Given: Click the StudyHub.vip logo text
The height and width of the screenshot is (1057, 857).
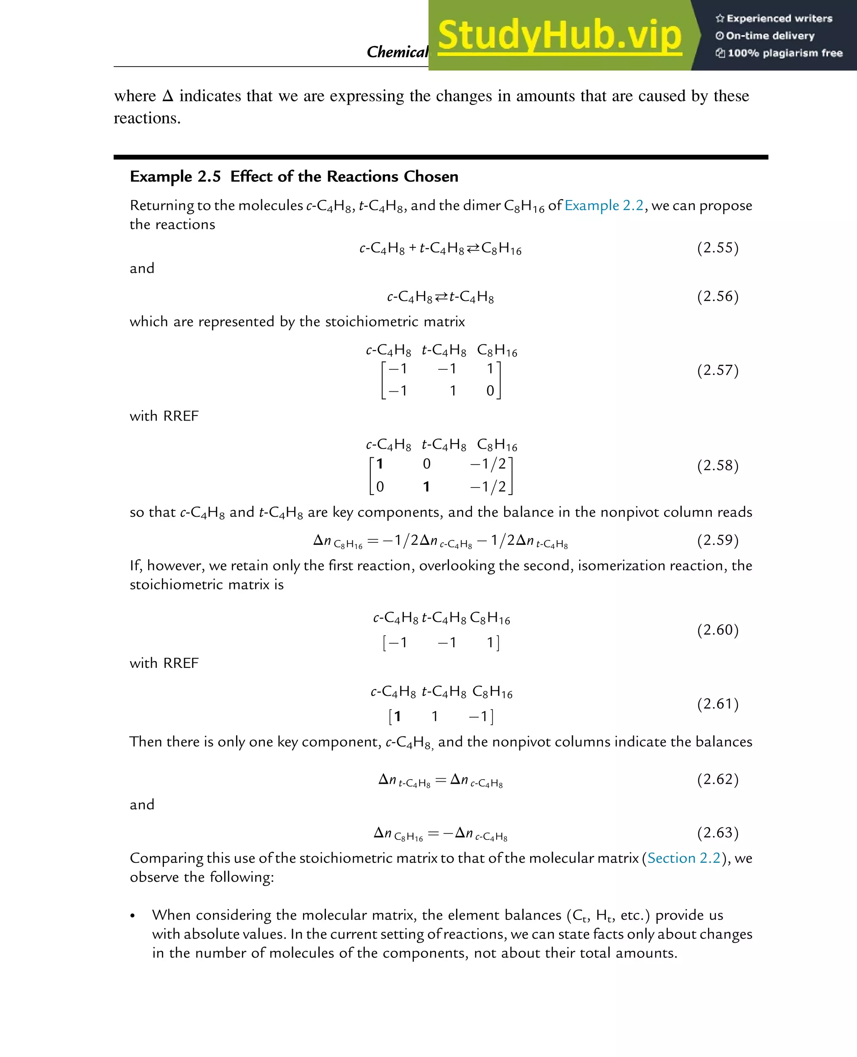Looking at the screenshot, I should tap(559, 36).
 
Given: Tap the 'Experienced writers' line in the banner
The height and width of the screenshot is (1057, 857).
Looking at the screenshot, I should tap(774, 19).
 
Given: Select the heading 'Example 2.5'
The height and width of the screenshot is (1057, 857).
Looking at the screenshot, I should tap(175, 176).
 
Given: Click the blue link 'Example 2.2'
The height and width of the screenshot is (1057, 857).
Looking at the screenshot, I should tap(604, 205).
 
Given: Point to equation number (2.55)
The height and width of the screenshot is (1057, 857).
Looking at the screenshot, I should tap(717, 247).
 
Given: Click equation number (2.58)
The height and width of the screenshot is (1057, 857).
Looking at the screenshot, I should tap(717, 466).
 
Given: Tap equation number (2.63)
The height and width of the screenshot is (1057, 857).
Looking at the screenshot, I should tap(717, 832).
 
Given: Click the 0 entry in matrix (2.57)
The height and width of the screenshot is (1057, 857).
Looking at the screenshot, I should tap(490, 390).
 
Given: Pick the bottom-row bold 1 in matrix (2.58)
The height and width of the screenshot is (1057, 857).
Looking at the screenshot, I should tap(426, 487).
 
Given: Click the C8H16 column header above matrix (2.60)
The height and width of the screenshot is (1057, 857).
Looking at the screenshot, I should tap(490, 618).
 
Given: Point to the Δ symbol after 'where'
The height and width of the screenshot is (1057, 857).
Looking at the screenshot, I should tap(168, 96).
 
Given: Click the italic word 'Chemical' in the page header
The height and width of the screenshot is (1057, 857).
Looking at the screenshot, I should tap(397, 52).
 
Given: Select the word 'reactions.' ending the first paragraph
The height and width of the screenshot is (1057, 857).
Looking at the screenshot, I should tap(147, 118).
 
